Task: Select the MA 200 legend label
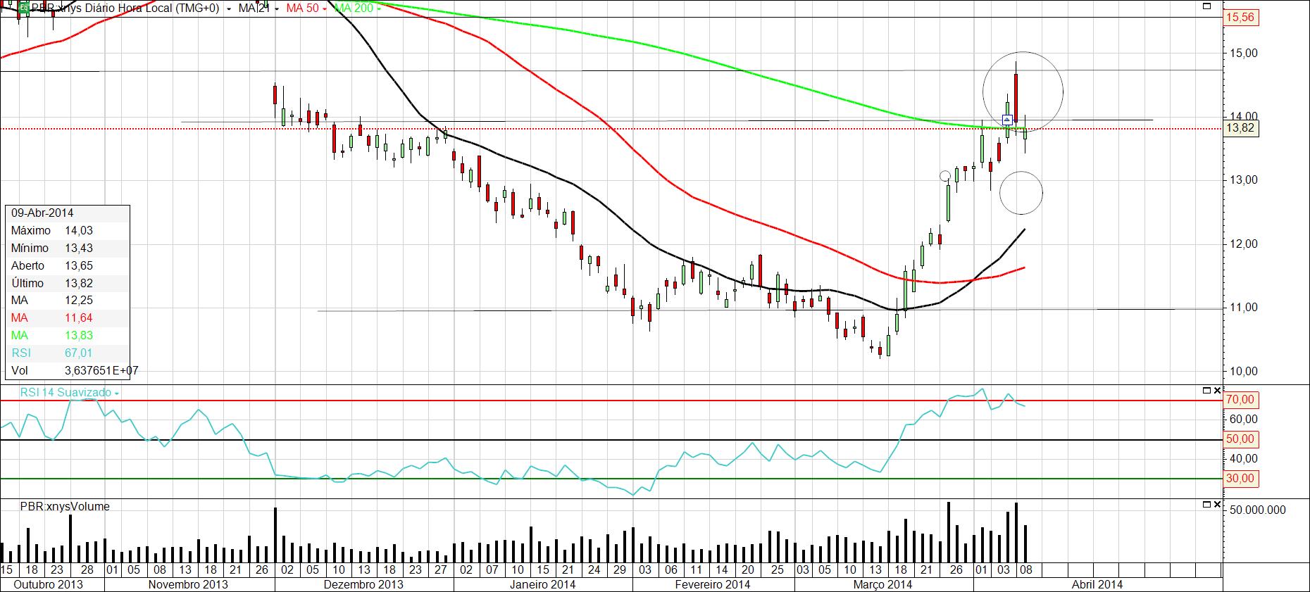coord(354,8)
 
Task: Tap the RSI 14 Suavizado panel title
coord(66,392)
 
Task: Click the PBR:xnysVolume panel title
coord(65,506)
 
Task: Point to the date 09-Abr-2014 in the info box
coord(42,213)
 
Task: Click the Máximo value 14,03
coord(79,230)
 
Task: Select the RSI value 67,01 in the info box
coord(79,353)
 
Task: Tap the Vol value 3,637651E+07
coord(101,370)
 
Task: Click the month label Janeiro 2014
coord(542,584)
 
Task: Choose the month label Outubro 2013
coord(49,584)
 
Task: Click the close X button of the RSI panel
coord(1217,390)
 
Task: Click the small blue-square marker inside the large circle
coord(1007,119)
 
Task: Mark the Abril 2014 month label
coord(1097,584)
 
